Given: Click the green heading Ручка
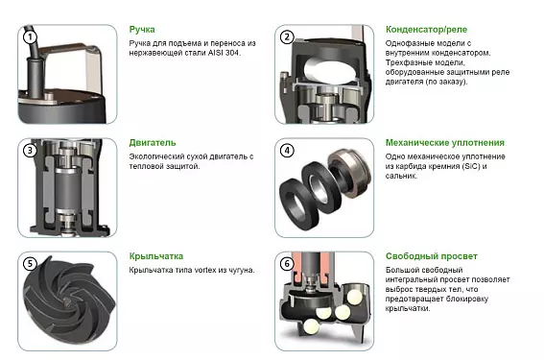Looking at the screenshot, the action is pos(142,30).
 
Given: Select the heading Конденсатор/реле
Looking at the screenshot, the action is pos(426,30).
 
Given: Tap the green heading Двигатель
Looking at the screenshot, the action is pos(153,143).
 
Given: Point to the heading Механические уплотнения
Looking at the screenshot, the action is pos(445,143).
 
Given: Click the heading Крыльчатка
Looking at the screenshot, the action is pos(156,256).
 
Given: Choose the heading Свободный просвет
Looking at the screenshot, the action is pos(431,256).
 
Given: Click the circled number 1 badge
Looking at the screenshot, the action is pos(30,36).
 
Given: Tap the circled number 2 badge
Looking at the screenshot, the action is pos(287,36).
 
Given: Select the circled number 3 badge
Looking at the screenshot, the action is pos(30,151).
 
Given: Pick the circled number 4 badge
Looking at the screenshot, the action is pos(287,151).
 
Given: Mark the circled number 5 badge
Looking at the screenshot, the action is pos(30,264).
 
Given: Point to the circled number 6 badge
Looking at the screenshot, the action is pos(287,264).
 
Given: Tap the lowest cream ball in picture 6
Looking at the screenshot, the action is pos(311,326).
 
